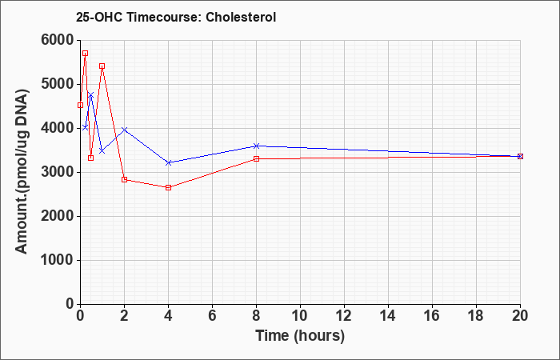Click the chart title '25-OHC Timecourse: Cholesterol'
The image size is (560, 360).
coord(176,17)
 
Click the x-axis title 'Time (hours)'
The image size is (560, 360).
coord(300,336)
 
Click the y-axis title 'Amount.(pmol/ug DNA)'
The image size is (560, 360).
coord(22,172)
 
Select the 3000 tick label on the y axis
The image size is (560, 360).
coord(58,173)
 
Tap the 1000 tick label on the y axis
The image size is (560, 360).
coord(58,260)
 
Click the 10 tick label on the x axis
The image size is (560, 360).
coord(300,317)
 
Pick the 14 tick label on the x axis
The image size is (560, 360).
coord(388,317)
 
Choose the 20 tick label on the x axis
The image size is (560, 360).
coord(520,317)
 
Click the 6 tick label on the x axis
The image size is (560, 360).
coord(212,317)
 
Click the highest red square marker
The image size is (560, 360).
coord(85,54)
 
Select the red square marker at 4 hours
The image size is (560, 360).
coord(169,187)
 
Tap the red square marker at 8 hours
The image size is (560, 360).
coord(257,158)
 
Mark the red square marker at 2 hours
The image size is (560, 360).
coord(124,180)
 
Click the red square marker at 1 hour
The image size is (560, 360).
coord(102,66)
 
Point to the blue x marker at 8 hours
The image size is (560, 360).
coord(257,146)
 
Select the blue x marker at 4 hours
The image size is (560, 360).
coord(169,162)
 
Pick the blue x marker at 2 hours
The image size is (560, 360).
coord(124,130)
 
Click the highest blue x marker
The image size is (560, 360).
coord(90,95)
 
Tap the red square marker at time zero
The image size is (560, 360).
coord(80,105)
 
